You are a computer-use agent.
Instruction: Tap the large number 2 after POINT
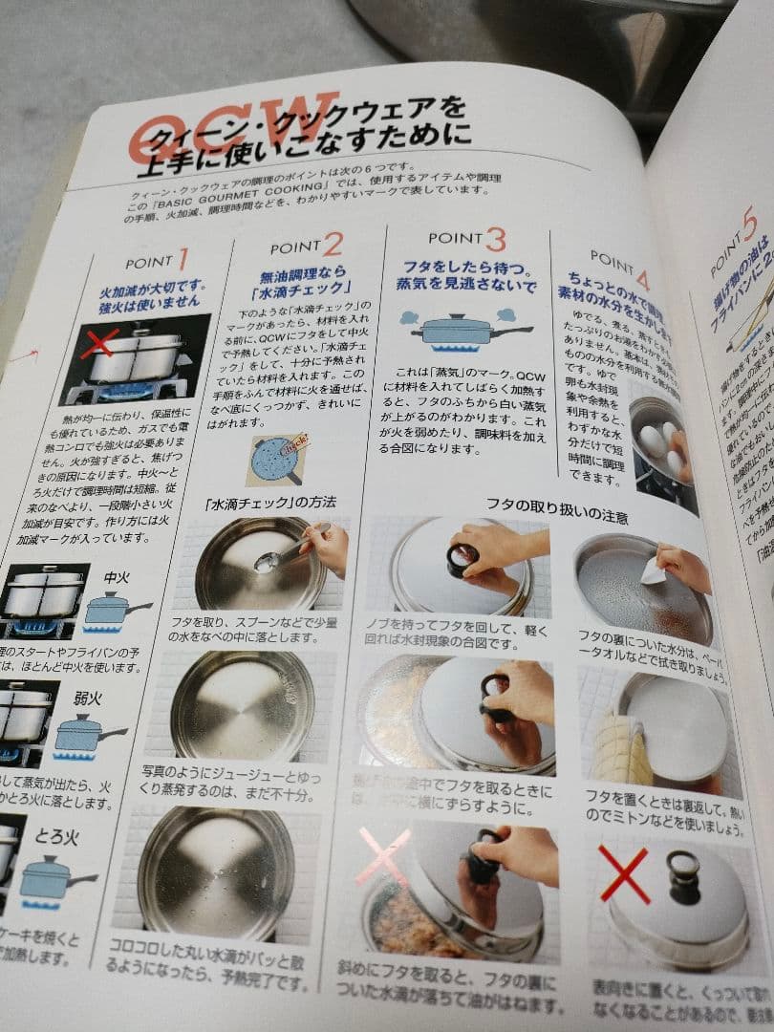[333, 244]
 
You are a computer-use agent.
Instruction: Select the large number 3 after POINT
[494, 239]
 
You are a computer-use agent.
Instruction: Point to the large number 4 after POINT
[641, 279]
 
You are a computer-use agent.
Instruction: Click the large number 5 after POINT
[749, 226]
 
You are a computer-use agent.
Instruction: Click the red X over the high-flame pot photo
[99, 341]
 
